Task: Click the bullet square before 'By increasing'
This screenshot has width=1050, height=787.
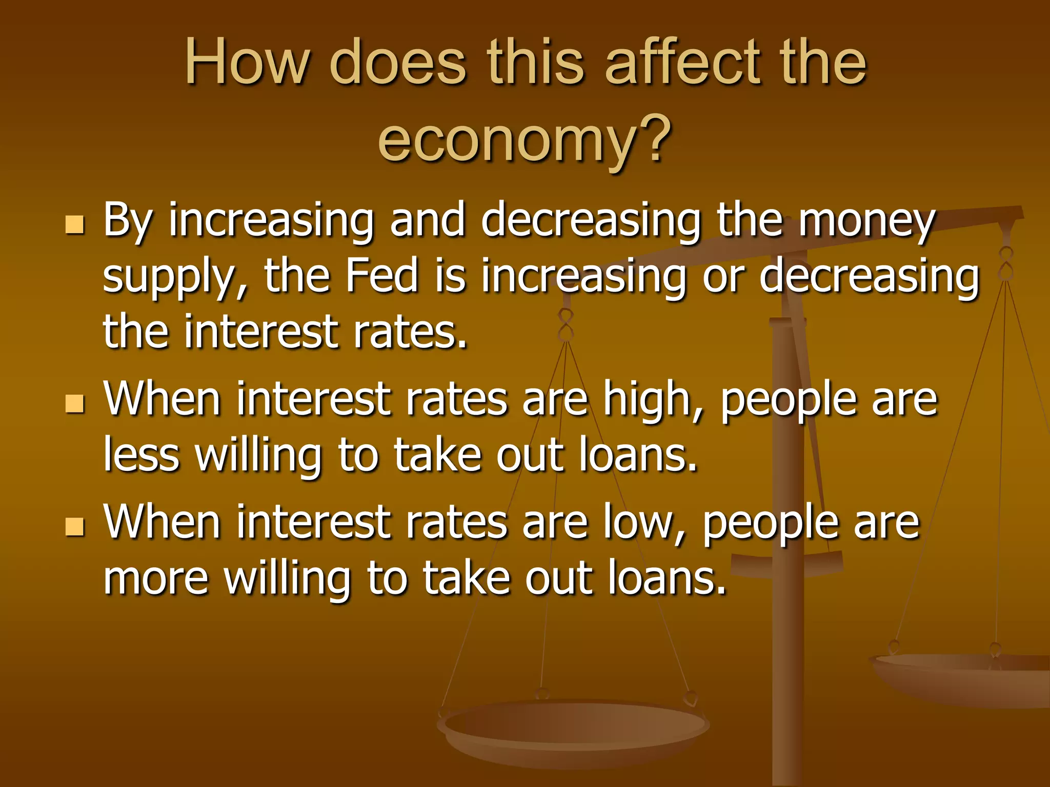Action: coord(75,224)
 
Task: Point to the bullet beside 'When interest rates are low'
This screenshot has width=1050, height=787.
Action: coord(75,526)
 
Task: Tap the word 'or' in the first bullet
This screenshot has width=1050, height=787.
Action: coord(723,277)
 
